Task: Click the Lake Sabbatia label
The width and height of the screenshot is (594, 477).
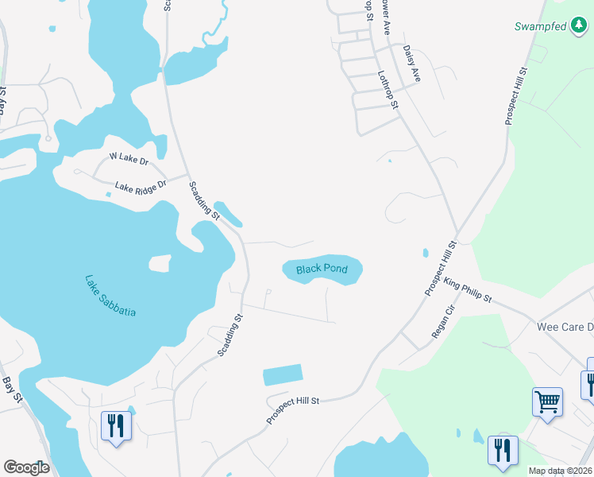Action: pyautogui.click(x=110, y=296)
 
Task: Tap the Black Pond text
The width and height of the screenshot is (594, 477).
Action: pyautogui.click(x=322, y=270)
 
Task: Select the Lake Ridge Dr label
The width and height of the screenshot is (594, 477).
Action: pyautogui.click(x=141, y=187)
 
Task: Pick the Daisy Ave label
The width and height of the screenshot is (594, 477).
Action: pyautogui.click(x=411, y=64)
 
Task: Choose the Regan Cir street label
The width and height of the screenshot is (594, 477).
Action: pyautogui.click(x=442, y=322)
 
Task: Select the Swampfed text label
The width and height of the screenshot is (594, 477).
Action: pyautogui.click(x=542, y=27)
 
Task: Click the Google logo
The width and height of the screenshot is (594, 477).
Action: pyautogui.click(x=26, y=467)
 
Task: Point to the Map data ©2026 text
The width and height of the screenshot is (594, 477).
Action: pyautogui.click(x=559, y=471)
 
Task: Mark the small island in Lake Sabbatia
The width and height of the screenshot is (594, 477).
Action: pyautogui.click(x=160, y=262)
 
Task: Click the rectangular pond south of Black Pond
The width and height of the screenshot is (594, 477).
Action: pyautogui.click(x=282, y=375)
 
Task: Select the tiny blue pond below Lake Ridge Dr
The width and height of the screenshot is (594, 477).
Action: pyautogui.click(x=108, y=195)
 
